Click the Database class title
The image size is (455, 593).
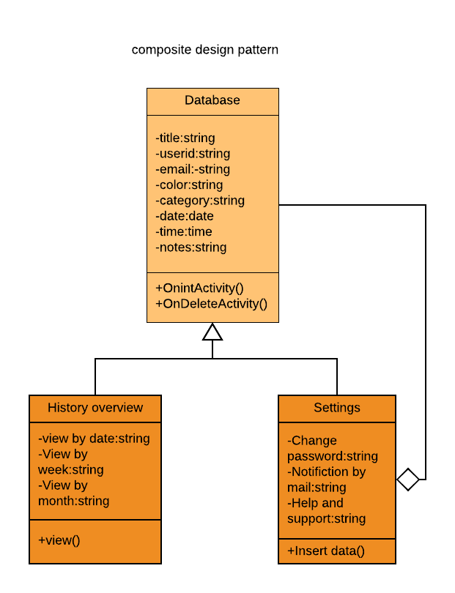coord(212,100)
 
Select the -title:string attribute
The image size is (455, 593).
coord(185,138)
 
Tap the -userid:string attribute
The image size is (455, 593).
coord(193,154)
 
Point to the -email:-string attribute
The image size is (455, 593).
coord(193,169)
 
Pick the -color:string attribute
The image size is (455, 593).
coord(189,184)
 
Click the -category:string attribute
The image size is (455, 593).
coord(200,201)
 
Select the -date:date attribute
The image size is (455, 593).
coord(185,216)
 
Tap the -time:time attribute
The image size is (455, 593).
coord(184,231)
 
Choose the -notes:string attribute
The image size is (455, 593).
coord(191,247)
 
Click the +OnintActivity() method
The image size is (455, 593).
coord(199,288)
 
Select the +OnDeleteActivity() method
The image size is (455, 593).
coord(212,303)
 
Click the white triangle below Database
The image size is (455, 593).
coord(212,333)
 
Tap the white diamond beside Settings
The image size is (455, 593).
coord(408,480)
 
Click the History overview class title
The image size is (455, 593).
coord(95,408)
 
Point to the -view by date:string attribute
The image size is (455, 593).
coord(94,439)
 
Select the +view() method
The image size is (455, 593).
coord(59,540)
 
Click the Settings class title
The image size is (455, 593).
coord(337,408)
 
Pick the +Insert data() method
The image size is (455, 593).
coord(326,551)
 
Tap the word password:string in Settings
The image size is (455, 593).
coord(333,456)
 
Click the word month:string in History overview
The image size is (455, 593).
coord(74,501)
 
